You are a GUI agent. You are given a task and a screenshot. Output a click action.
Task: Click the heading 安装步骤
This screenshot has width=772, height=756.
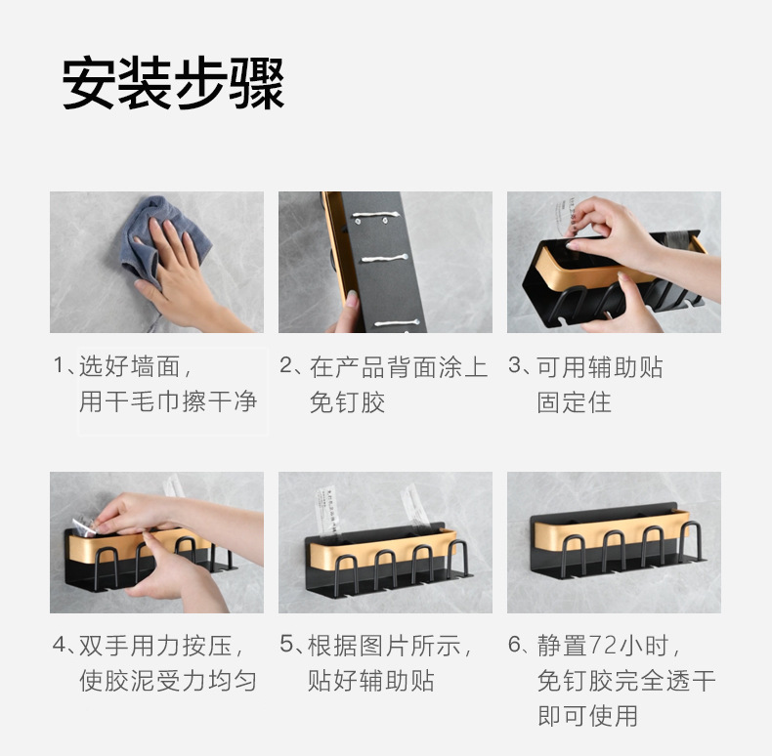coord(174,83)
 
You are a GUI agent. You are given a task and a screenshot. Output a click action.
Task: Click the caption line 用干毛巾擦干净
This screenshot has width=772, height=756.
coord(167,401)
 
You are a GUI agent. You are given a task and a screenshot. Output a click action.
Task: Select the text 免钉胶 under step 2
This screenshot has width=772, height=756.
coord(347,401)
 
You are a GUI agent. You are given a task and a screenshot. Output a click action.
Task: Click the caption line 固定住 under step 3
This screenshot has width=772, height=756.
coord(574,401)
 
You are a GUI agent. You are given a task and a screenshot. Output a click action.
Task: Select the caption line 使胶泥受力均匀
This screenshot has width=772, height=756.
coord(167,681)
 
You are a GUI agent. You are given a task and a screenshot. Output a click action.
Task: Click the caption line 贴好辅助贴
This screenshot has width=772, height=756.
coord(370,681)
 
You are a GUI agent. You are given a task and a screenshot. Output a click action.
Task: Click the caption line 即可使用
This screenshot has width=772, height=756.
coord(587,715)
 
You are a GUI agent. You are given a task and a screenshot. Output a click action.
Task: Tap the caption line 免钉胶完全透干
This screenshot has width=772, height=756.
coord(625,681)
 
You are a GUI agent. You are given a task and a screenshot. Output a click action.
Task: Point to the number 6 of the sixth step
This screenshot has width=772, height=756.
coord(515,646)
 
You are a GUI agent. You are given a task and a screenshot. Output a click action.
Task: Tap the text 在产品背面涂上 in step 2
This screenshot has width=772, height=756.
coord(398,367)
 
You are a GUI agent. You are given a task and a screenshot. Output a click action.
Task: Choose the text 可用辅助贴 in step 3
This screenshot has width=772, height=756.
coord(600,367)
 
